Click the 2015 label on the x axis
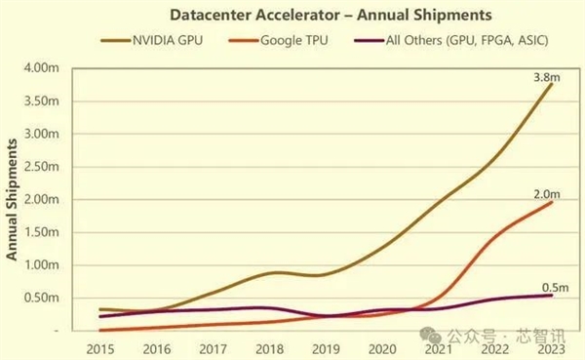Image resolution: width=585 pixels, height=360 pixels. coord(99,347)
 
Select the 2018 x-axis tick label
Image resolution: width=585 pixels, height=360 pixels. coord(269,347)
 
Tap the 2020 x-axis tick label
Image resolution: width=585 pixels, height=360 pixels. coord(382,347)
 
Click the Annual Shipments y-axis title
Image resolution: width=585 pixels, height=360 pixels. coord(15,199)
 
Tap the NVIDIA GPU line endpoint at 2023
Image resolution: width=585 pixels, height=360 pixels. coord(552,84)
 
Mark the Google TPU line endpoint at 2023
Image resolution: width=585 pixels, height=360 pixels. coord(552,202)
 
